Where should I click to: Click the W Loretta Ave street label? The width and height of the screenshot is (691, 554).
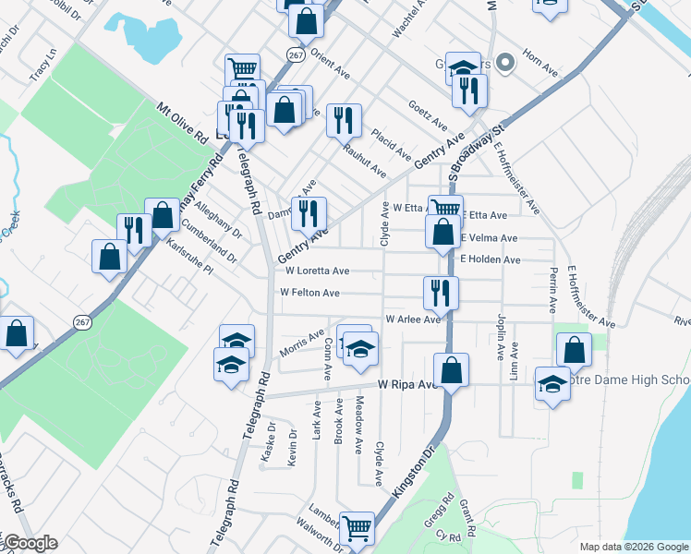(x=317, y=271)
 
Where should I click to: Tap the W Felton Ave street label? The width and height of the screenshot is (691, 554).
(x=309, y=293)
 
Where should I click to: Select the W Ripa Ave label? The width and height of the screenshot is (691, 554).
(x=406, y=384)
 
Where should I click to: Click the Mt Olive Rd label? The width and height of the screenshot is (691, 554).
(x=181, y=123)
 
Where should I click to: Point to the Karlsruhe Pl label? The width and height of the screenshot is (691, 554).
(x=190, y=258)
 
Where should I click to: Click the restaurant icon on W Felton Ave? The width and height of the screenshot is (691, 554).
(x=440, y=293)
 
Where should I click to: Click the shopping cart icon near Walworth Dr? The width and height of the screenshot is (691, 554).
(x=357, y=528)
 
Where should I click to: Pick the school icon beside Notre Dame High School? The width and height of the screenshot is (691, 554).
(x=552, y=385)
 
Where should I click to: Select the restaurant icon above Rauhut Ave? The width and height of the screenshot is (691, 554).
(x=344, y=119)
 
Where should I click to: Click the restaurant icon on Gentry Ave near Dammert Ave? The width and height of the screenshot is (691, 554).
(x=309, y=213)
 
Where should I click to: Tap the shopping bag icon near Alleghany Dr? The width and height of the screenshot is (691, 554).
(x=163, y=214)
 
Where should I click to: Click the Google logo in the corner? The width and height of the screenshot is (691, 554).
(x=30, y=543)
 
